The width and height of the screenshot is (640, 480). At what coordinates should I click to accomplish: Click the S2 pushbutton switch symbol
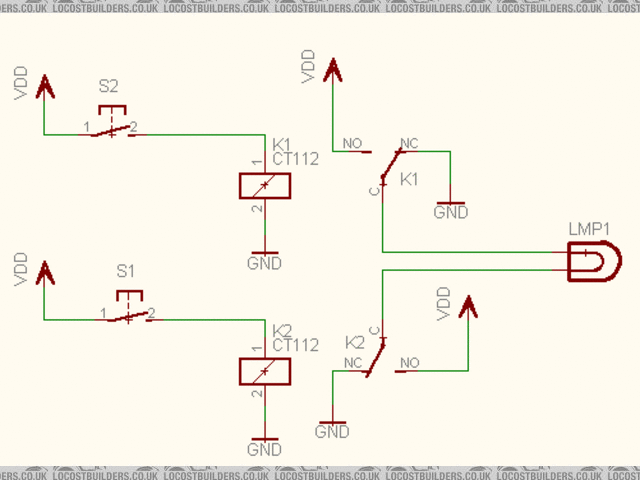pyautogui.click(x=111, y=126)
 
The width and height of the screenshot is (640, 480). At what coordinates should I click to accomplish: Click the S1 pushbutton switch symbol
pyautogui.click(x=128, y=311)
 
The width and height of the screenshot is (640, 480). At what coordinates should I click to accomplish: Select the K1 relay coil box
pyautogui.click(x=264, y=186)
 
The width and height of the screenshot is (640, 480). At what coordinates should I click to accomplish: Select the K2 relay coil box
pyautogui.click(x=264, y=371)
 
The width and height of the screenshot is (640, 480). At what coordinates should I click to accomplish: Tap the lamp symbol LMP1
pyautogui.click(x=590, y=264)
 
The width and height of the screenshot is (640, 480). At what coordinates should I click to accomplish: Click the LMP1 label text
pyautogui.click(x=589, y=229)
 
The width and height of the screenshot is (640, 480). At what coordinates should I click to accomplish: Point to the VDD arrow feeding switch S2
pyautogui.click(x=44, y=88)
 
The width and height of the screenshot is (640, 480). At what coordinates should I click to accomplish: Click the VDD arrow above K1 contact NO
pyautogui.click(x=332, y=70)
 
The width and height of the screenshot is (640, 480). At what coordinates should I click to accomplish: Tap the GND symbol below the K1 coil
pyautogui.click(x=264, y=257)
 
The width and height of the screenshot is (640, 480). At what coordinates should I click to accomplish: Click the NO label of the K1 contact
pyautogui.click(x=352, y=144)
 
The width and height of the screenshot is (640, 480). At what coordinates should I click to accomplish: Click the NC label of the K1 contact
pyautogui.click(x=408, y=144)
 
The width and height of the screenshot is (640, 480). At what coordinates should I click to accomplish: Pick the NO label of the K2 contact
pyautogui.click(x=409, y=361)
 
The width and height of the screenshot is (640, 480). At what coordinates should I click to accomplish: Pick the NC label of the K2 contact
pyautogui.click(x=352, y=361)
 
